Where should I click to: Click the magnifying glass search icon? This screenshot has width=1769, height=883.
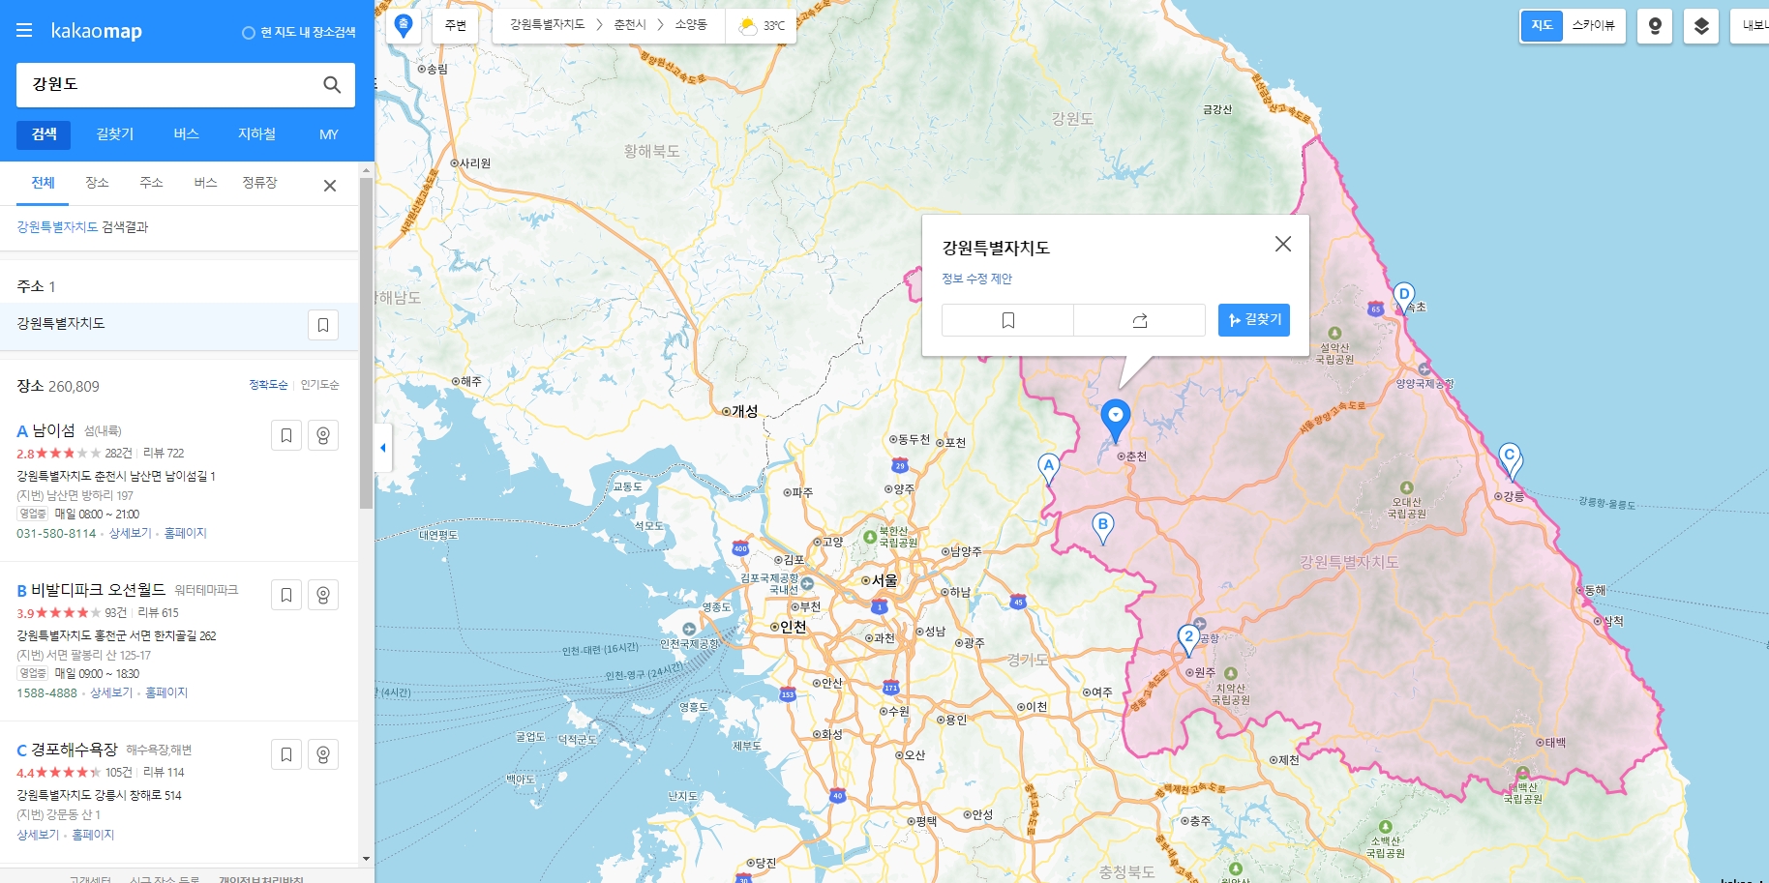332,85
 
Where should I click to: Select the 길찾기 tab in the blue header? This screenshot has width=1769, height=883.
115,134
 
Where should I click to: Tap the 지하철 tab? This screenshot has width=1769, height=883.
256,134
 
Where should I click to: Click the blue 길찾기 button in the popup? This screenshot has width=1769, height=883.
1253,320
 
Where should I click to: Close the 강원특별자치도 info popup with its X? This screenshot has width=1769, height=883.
1282,245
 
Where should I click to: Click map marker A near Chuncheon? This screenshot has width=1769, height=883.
1048,467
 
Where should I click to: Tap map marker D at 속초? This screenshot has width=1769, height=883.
1403,295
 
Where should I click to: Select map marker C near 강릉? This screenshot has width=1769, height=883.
1509,456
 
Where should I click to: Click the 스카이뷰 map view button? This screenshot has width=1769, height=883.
1593,26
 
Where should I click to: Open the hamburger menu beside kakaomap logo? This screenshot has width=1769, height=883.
24,31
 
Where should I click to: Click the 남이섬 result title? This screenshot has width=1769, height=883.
53,430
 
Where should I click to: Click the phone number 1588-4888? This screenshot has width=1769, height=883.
46,693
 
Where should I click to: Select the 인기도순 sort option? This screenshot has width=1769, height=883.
319,385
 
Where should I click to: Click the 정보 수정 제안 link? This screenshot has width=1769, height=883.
976,279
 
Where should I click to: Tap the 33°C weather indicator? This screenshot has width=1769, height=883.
762,26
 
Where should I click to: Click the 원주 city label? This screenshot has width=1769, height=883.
1204,672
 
